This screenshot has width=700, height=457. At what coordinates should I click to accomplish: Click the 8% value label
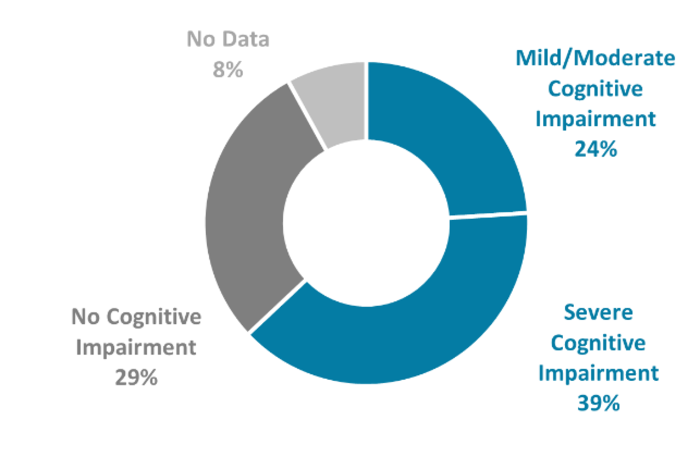(228, 70)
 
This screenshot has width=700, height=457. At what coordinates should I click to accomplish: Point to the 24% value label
(595, 149)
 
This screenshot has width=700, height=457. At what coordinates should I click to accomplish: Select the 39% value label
(598, 403)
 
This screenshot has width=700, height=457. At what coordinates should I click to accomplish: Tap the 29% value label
(136, 378)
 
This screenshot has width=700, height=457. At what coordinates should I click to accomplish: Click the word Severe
(598, 313)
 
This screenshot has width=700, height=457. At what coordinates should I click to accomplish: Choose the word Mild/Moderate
(595, 58)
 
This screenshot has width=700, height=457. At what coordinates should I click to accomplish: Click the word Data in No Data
(246, 39)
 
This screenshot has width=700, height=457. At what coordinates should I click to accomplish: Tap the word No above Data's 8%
(201, 39)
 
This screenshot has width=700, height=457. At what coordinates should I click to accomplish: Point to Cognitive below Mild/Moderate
(595, 89)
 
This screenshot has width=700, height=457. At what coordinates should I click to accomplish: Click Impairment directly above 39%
(598, 373)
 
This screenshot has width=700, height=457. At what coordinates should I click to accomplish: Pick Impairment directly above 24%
(595, 119)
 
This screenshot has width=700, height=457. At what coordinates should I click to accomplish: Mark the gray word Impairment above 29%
(136, 347)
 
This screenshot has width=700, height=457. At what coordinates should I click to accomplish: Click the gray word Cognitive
(154, 317)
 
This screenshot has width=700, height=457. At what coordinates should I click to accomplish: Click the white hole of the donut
(366, 223)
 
